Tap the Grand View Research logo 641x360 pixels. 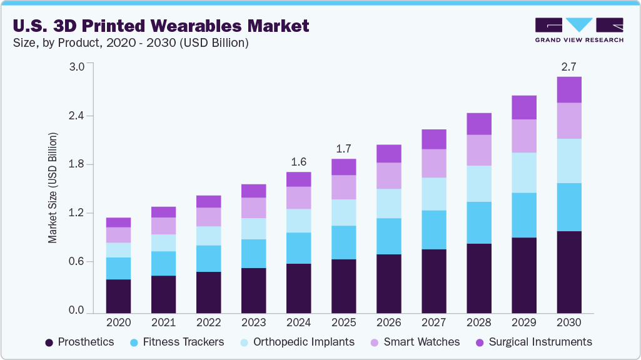point(578,30)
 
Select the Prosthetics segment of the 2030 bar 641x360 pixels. point(569,272)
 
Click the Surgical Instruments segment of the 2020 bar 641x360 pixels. point(119,222)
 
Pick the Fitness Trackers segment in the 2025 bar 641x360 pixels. point(344,242)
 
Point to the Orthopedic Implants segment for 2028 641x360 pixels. point(479,184)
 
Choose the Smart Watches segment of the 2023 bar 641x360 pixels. point(254,207)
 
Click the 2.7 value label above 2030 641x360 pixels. point(569,66)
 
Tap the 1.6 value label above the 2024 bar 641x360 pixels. point(299,161)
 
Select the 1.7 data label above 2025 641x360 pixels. point(344,149)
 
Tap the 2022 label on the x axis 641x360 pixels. point(209,322)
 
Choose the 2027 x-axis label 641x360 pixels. point(434,322)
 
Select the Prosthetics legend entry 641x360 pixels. point(79,342)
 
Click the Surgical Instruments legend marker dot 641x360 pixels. point(480,342)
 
